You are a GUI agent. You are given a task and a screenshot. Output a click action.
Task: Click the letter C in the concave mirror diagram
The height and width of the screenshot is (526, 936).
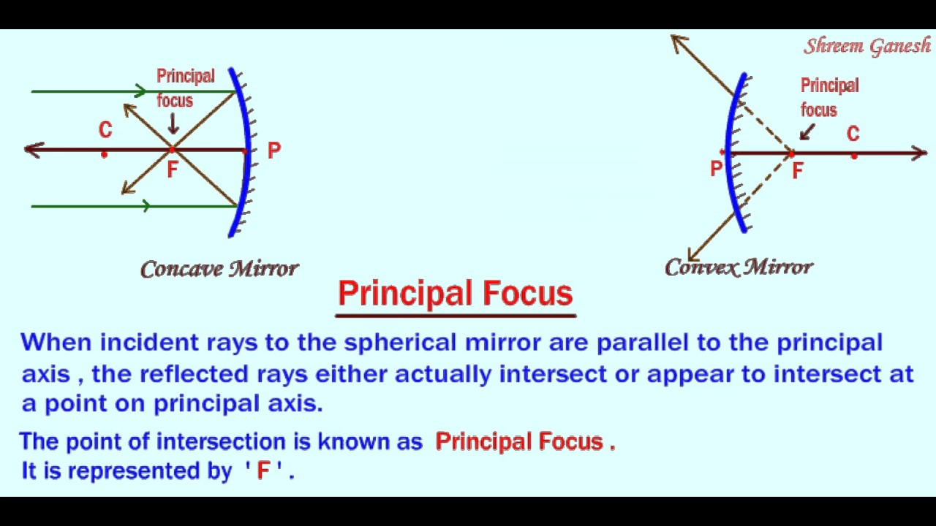tap(105, 131)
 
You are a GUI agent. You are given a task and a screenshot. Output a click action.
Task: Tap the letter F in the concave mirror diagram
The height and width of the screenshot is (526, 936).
tap(172, 170)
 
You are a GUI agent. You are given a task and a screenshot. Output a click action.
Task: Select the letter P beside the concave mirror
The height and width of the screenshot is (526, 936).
tap(274, 151)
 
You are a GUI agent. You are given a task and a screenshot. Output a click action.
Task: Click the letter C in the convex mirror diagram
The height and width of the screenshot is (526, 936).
tap(853, 134)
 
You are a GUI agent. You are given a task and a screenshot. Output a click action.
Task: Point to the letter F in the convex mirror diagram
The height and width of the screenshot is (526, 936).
tap(797, 171)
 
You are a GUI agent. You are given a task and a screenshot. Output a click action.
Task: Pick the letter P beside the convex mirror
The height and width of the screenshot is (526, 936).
tap(716, 169)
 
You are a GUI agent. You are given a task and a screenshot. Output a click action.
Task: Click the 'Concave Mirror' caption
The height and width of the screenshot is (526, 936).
tap(219, 270)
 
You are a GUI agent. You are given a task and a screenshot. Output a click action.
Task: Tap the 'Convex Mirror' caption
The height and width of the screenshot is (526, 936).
tap(739, 267)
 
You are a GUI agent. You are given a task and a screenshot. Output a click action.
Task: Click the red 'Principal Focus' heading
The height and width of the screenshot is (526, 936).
tap(455, 294)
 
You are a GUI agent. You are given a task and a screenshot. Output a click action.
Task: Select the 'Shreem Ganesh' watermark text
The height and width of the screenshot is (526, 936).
tap(867, 47)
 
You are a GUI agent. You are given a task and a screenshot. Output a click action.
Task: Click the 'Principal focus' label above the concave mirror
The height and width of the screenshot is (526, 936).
tap(186, 88)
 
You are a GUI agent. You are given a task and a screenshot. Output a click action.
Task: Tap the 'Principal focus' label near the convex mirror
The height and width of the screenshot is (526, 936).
tap(829, 97)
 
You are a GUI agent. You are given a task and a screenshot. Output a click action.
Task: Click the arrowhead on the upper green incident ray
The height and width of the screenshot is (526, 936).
tap(140, 91)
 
